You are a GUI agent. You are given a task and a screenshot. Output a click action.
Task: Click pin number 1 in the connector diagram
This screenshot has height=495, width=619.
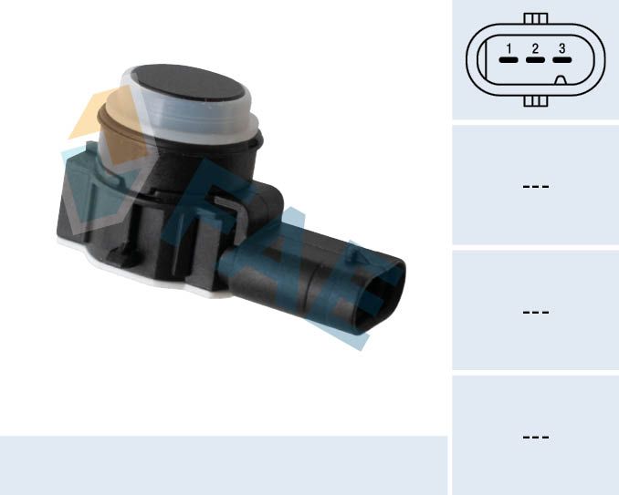click(509, 48)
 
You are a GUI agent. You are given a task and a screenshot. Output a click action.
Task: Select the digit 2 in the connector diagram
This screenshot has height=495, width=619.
click(535, 48)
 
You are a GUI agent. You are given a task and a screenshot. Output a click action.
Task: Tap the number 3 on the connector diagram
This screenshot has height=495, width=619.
click(561, 48)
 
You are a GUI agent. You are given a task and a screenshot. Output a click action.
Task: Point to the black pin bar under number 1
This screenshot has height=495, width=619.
click(509, 61)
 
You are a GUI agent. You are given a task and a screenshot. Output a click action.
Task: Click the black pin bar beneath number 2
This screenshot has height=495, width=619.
click(535, 61)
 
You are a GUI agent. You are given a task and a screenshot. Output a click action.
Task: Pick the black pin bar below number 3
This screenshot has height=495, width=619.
click(561, 61)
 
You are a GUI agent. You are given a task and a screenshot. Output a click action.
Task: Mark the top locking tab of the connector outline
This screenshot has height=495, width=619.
click(536, 18)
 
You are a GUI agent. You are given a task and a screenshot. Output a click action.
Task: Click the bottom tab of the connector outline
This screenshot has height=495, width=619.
click(536, 101)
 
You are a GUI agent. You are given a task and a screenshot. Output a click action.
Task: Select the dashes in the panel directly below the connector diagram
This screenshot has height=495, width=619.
click(535, 186)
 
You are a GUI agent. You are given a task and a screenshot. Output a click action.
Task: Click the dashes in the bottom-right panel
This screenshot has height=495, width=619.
click(535, 438)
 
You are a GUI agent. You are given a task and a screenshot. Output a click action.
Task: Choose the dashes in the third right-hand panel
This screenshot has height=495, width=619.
click(535, 312)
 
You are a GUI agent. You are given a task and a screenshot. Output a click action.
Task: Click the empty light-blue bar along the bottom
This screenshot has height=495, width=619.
click(223, 465)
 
